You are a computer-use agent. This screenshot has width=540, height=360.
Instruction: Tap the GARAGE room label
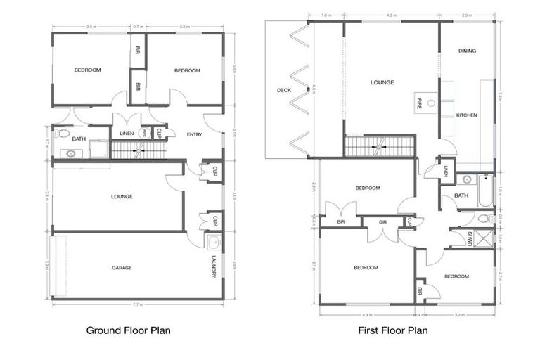tap(122, 268)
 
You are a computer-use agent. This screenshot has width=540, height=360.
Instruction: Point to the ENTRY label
tap(194, 134)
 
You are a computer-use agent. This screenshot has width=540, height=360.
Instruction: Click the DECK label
tap(283, 90)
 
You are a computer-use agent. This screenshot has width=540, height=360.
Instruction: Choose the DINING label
tap(467, 51)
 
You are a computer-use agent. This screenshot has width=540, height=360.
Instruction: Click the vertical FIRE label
tap(420, 102)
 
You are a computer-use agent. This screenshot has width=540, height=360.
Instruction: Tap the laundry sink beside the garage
tap(212, 243)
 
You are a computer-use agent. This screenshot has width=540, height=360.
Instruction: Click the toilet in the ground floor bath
tap(63, 133)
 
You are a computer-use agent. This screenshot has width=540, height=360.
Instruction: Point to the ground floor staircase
tap(138, 149)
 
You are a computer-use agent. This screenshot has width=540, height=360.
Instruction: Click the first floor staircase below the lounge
tap(379, 146)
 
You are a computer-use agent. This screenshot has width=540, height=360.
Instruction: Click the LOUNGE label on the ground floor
tap(122, 196)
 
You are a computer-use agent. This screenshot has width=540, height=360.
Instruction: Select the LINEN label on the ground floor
tap(127, 134)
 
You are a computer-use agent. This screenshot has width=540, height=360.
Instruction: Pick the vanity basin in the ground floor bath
tap(70, 153)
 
